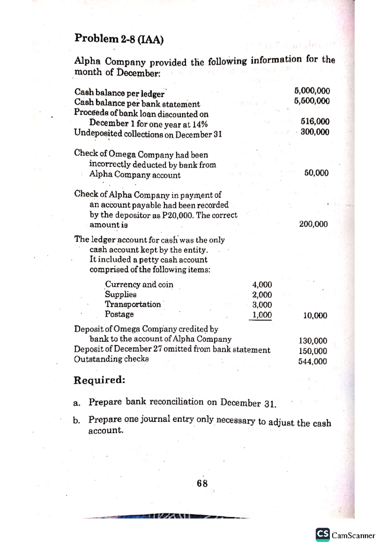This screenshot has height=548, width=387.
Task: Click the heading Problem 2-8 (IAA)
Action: pos(119,39)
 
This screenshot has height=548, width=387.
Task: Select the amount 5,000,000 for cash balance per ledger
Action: pos(312,91)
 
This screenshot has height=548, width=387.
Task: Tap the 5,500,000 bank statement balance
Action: pos(312,101)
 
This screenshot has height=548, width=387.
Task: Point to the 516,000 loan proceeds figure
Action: pos(315,122)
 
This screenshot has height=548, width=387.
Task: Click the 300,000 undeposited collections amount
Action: pos(315,132)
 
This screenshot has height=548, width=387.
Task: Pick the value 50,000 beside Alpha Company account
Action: pos(316,173)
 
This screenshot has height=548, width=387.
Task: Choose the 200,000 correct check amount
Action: pos(313,224)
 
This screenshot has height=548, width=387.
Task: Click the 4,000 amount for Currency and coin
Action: pos(262,285)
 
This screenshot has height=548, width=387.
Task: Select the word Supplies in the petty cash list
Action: pos(121,294)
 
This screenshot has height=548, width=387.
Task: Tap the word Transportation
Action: pos(133,304)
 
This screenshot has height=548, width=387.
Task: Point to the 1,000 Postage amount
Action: pos(262,315)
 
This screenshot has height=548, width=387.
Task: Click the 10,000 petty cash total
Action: pos(315,315)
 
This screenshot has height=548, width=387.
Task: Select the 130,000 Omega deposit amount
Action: pos(313,341)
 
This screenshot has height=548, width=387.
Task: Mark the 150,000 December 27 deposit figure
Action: pos(313,351)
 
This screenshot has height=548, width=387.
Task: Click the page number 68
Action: pos(202,483)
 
